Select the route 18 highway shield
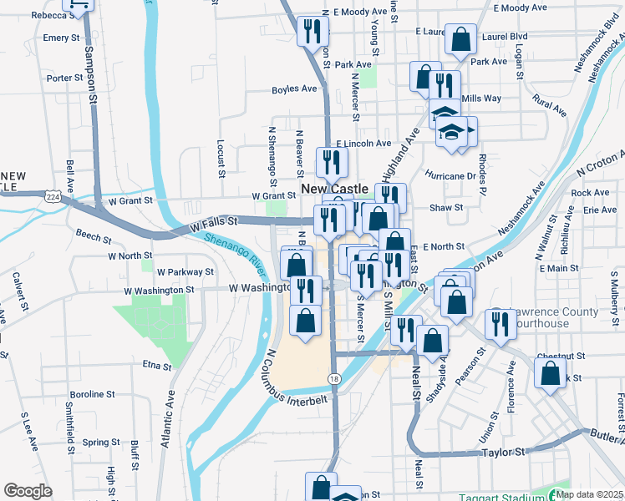[333, 378]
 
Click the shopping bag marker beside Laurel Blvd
[460, 38]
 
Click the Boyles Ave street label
[294, 89]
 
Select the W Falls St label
[214, 224]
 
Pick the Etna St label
[156, 365]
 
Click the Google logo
[28, 490]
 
